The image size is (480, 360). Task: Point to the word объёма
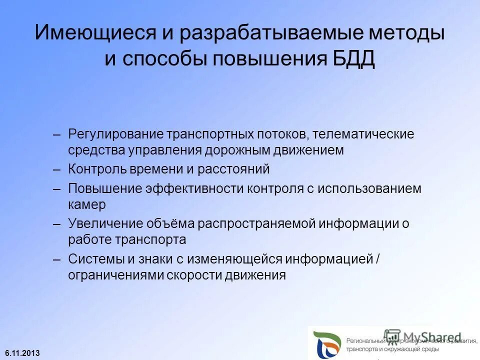[165, 224]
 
